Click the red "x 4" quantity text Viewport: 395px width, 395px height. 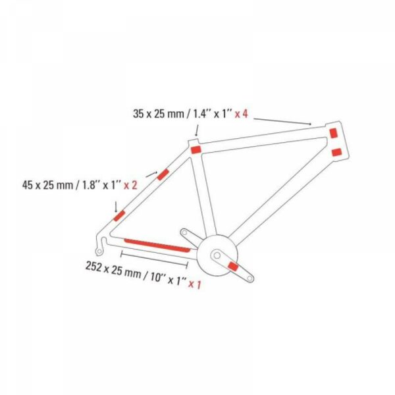pyautogui.click(x=242, y=114)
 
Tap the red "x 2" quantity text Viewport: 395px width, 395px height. pyautogui.click(x=130, y=186)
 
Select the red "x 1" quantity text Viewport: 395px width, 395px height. pyautogui.click(x=195, y=284)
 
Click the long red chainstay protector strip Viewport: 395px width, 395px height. pyautogui.click(x=157, y=245)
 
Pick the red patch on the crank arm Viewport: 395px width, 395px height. pyautogui.click(x=233, y=266)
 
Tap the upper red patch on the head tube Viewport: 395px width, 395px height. pyautogui.click(x=334, y=133)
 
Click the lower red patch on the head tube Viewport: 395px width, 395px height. pyautogui.click(x=337, y=153)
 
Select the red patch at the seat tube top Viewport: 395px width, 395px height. pyautogui.click(x=196, y=149)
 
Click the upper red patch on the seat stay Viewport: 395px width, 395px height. pyautogui.click(x=163, y=174)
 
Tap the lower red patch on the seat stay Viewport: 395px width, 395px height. pyautogui.click(x=119, y=216)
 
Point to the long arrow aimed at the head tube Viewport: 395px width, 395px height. pyautogui.click(x=282, y=121)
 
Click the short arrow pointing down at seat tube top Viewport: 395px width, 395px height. pyautogui.click(x=197, y=130)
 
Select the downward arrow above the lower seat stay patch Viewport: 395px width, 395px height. pyautogui.click(x=116, y=207)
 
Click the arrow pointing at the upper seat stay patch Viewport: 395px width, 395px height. pyautogui.click(x=151, y=174)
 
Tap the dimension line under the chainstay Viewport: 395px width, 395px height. pyautogui.click(x=155, y=259)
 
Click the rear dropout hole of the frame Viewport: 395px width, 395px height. pyautogui.click(x=99, y=251)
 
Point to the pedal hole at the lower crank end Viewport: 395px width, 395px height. pyautogui.click(x=250, y=278)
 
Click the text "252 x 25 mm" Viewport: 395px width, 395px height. pyautogui.click(x=113, y=269)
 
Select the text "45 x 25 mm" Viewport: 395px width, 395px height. pyautogui.click(x=48, y=186)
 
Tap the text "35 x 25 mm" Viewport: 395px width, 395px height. pyautogui.click(x=159, y=114)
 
